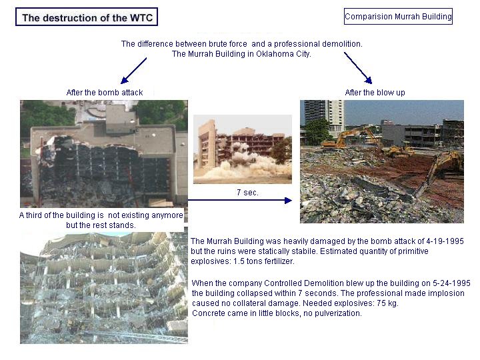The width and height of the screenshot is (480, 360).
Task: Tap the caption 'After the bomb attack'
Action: tap(105, 93)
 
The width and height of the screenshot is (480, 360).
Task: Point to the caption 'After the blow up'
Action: tap(375, 93)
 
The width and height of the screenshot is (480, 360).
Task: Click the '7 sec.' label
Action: tap(247, 193)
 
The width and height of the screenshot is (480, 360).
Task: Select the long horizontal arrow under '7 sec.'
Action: tap(240, 201)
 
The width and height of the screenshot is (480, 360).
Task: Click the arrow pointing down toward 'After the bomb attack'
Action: tap(133, 71)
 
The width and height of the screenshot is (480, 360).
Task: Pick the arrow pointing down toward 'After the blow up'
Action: tap(358, 68)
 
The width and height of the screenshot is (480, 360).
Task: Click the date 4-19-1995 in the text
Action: tap(445, 241)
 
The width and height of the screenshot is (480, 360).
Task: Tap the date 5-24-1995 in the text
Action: tap(451, 283)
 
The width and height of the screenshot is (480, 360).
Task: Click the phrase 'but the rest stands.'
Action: tap(101, 225)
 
